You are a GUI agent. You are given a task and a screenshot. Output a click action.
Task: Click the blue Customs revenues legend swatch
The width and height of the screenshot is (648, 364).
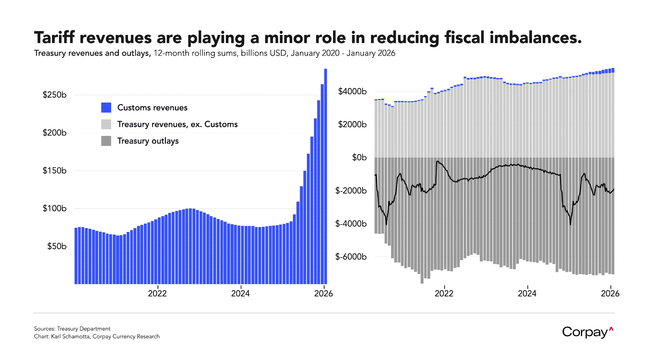click(x=106, y=107)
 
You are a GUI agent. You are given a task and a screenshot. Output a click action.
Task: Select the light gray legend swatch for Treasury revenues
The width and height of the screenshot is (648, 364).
click(x=106, y=124)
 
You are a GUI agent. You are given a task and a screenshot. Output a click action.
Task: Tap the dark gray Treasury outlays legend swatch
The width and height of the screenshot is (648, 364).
click(x=106, y=141)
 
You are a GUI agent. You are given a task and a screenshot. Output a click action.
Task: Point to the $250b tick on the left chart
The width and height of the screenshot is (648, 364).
click(x=54, y=95)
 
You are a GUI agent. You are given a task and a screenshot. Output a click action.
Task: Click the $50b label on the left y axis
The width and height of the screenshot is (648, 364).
click(x=57, y=246)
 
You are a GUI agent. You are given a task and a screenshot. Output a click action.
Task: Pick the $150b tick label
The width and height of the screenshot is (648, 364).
click(x=54, y=171)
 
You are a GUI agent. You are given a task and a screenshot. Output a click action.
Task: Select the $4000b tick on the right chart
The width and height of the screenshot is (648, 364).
click(x=352, y=91)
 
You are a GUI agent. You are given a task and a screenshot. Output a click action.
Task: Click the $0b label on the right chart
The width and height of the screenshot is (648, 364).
click(x=359, y=158)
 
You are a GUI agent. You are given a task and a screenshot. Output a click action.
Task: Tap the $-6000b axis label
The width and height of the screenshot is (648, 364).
click(x=351, y=257)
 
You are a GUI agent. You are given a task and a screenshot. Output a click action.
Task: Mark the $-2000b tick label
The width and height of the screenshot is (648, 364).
click(x=351, y=191)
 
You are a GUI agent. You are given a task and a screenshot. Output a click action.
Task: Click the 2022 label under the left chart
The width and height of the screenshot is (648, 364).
click(x=157, y=293)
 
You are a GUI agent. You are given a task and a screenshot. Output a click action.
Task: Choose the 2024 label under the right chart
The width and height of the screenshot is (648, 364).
click(x=527, y=293)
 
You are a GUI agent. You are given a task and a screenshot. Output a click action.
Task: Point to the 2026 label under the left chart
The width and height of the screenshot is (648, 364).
click(x=323, y=293)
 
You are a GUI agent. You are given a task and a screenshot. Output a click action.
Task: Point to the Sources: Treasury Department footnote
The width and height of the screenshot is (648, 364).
click(x=72, y=329)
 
